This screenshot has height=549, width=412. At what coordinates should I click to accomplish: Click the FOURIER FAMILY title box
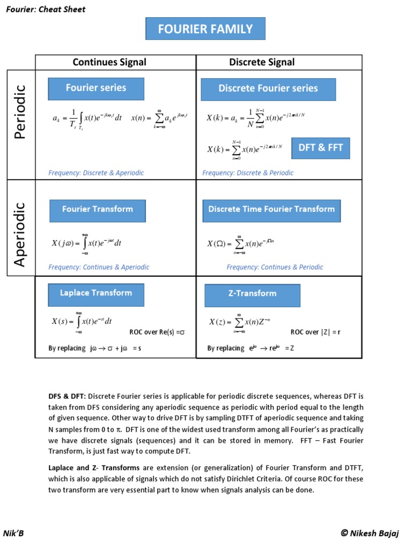click(205, 29)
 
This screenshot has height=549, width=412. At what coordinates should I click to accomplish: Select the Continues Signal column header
click(109, 62)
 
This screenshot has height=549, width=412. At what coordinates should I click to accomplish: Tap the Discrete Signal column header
click(262, 62)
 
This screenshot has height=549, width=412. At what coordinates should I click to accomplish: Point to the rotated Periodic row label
click(20, 112)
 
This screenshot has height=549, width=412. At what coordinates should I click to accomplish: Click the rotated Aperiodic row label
click(20, 234)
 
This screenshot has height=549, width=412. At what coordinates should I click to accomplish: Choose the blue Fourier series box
click(96, 88)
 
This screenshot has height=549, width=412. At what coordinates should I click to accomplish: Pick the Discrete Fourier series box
click(268, 89)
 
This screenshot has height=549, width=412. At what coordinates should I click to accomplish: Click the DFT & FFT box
click(321, 148)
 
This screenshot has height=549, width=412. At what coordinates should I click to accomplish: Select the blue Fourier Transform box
click(98, 210)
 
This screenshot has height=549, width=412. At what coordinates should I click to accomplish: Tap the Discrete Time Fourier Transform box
click(271, 210)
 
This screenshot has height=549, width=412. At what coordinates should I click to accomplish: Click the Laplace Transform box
click(96, 293)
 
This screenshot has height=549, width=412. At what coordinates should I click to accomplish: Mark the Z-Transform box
click(252, 294)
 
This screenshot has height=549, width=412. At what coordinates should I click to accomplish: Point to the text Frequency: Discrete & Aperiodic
click(96, 173)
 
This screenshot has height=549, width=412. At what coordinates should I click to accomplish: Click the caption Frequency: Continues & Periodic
click(275, 267)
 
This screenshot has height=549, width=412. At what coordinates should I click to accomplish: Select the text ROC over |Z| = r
click(315, 332)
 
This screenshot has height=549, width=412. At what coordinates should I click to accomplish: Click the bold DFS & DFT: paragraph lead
click(67, 397)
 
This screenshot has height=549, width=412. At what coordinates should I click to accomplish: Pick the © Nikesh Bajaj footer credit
click(371, 533)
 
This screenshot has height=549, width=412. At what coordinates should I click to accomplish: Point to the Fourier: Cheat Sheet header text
click(46, 10)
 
